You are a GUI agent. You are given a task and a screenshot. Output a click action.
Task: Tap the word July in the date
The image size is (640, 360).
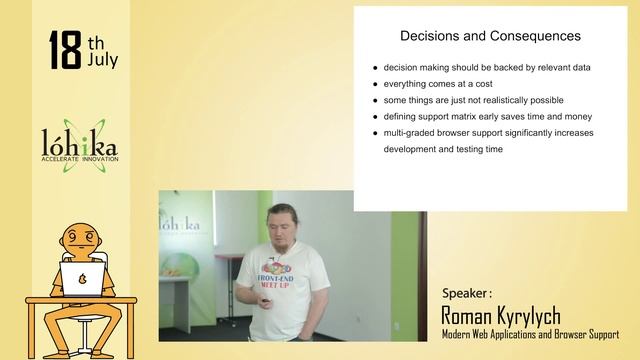102,60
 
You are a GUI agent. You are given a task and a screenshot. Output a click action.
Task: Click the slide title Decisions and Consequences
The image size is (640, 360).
490,36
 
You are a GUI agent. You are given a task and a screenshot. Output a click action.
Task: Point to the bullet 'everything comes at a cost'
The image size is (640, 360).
439,84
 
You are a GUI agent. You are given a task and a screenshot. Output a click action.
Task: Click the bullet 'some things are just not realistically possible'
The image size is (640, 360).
473,100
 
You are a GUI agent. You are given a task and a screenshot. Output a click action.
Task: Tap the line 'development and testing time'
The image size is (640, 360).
442,149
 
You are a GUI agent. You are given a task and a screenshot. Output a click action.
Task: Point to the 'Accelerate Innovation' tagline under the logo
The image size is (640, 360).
80,159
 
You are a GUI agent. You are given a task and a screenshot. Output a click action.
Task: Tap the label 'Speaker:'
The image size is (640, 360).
467,293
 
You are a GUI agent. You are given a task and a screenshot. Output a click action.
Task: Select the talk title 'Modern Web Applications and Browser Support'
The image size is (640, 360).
530,334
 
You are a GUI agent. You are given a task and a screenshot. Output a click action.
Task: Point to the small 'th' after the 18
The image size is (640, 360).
96,43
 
